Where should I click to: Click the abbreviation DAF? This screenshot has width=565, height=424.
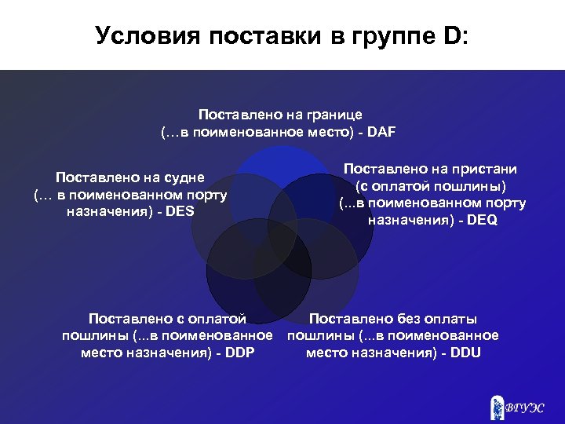(x=380, y=131)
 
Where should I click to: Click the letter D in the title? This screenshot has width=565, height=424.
(x=453, y=35)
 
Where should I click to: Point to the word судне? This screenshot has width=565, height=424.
(x=182, y=177)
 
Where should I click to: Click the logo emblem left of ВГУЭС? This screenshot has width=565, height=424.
(x=495, y=405)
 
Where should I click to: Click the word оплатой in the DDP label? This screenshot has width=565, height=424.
(x=219, y=318)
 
